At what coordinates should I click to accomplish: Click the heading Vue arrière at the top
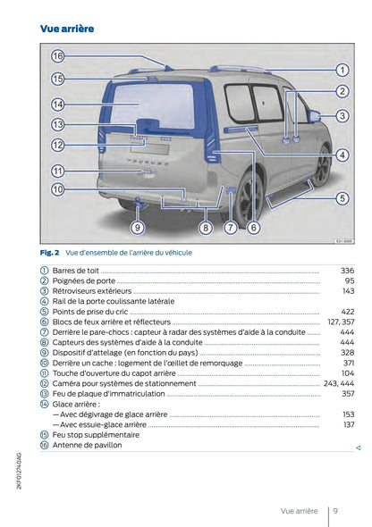[x=67, y=29]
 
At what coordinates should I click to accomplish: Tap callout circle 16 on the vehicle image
[x=58, y=55]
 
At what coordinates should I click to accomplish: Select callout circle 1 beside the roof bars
[x=342, y=69]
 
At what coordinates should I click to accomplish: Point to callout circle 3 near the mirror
[x=342, y=116]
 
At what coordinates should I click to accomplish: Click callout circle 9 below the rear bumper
[x=137, y=228]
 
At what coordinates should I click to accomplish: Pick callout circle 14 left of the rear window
[x=58, y=104]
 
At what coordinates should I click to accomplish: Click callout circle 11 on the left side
[x=58, y=171]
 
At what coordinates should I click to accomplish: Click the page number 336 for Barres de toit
[x=347, y=271]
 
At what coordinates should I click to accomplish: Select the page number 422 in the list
[x=347, y=312]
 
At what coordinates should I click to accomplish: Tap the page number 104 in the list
[x=347, y=373]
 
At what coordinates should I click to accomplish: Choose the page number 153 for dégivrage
[x=348, y=414]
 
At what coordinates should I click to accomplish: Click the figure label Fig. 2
[x=49, y=253]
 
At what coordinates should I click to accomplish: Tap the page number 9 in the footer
[x=334, y=511]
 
